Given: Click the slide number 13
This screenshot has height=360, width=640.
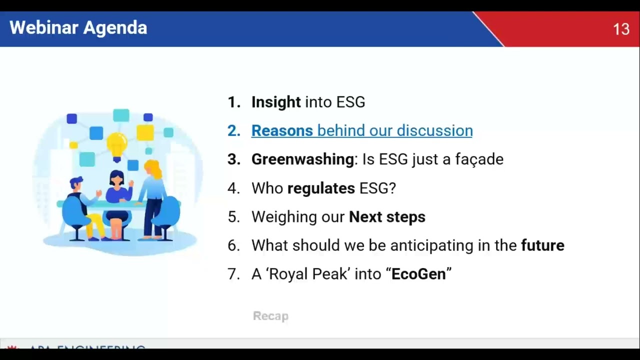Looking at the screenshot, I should (621, 29).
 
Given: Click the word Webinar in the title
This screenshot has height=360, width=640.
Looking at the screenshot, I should (44, 28).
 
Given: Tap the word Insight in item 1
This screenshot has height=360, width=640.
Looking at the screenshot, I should (276, 102).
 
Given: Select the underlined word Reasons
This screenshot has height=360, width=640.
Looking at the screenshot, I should (282, 130).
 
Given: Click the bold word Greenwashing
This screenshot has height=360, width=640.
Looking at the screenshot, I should (302, 159).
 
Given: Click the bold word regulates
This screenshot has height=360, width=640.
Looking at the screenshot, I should (321, 188).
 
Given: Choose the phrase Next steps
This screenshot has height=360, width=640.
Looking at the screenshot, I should (387, 217).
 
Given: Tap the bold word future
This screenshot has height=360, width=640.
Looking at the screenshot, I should (542, 245).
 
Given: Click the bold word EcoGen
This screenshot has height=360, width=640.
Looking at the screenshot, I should (418, 274).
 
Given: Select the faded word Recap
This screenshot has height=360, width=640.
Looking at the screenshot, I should (270, 316).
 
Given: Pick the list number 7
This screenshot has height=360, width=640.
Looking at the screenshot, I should (233, 274).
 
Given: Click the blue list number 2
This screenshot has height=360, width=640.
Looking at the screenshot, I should (233, 130).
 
